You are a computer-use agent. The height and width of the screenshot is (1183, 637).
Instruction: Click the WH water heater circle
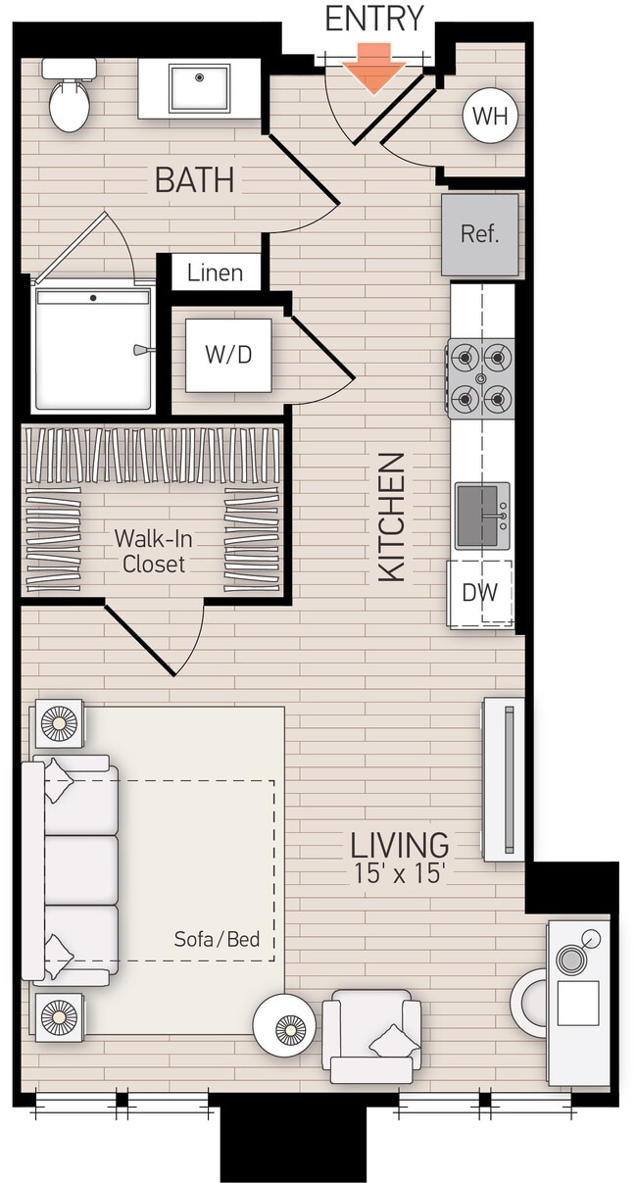(490, 116)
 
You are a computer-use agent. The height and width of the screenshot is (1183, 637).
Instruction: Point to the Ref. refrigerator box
(479, 234)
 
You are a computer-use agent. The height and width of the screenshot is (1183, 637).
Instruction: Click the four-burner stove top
(480, 377)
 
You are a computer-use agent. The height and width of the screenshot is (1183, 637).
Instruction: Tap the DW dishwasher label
(479, 593)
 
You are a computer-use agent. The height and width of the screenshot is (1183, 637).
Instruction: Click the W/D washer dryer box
(228, 354)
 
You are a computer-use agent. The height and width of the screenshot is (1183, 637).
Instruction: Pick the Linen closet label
(216, 272)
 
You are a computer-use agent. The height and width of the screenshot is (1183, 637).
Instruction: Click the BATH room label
(194, 181)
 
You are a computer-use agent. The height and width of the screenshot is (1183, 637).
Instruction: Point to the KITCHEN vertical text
(392, 517)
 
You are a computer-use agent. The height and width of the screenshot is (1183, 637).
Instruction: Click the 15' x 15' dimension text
(400, 871)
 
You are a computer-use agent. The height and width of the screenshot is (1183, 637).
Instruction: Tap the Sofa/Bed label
(217, 939)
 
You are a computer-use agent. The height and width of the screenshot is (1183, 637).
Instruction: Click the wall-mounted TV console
(505, 779)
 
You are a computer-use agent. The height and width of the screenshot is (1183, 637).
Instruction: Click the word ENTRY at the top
(373, 19)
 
